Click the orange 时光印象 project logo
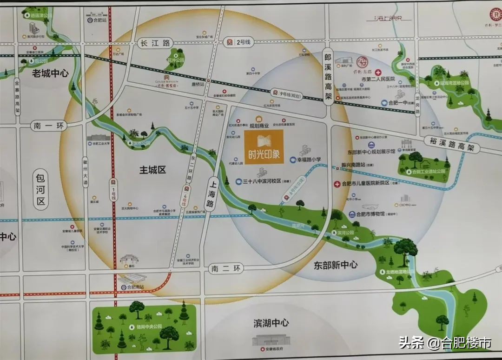[264, 147]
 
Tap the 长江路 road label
[155, 43]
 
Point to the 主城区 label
[152, 170]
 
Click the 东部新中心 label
[336, 265]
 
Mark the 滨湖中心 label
[271, 323]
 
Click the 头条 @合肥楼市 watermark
[445, 343]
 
